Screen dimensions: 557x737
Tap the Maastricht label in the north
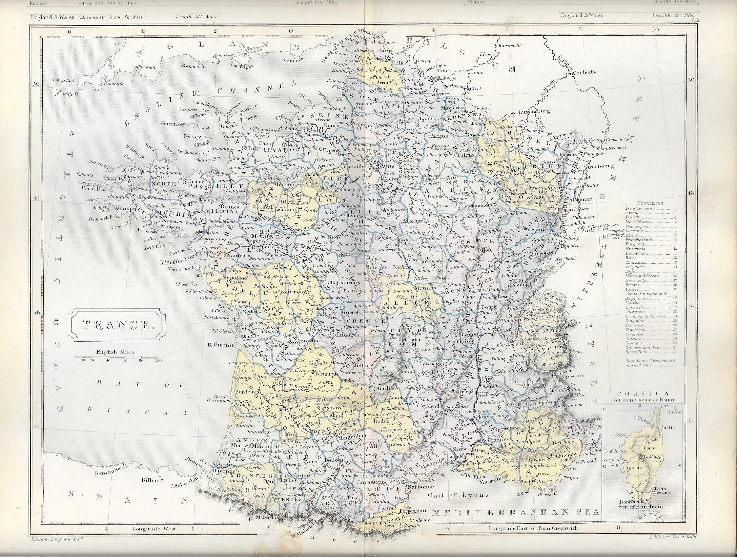click(x=509, y=45)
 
